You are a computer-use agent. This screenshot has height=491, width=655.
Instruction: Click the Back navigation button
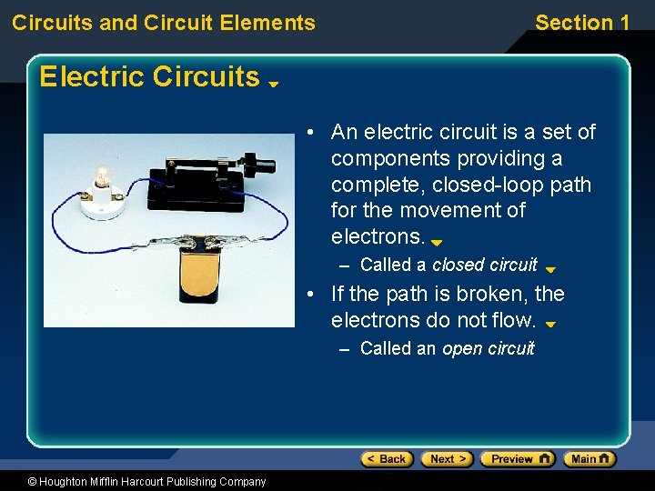coord(387,459)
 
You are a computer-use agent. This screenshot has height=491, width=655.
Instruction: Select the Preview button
coord(517,459)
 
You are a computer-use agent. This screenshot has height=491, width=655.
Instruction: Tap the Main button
coord(589,459)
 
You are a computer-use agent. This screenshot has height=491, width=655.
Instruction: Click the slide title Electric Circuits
coord(149,76)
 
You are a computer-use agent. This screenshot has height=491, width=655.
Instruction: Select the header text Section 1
coord(581,23)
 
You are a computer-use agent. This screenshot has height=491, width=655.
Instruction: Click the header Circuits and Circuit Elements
coord(164,23)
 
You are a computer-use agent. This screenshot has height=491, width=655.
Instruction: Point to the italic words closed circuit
coord(484,265)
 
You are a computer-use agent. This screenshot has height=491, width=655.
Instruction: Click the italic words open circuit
coord(488,348)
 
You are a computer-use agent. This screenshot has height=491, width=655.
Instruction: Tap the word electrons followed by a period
coord(378,237)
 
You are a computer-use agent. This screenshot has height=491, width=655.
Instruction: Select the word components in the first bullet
coord(389,158)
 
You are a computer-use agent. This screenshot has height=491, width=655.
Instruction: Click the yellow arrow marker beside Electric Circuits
coord(273,84)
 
